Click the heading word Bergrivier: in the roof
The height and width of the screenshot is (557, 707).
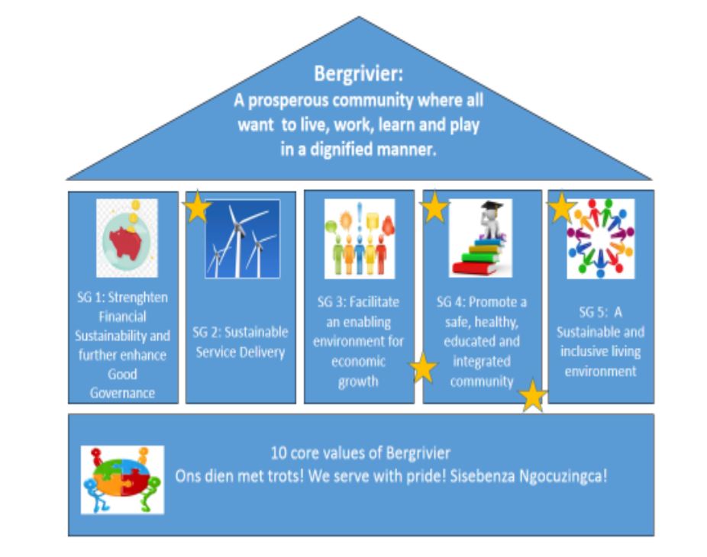358,74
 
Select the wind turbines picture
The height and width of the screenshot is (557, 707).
243,239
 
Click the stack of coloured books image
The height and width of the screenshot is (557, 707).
481,238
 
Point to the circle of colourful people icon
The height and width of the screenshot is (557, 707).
601,239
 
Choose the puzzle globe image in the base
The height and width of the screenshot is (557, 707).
122,479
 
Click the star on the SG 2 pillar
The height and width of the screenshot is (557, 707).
196,207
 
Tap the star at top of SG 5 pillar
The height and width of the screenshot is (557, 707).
561,208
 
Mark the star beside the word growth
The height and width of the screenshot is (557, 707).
423,368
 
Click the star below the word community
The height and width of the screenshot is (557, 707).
533,396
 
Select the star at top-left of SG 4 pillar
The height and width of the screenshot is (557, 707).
434,207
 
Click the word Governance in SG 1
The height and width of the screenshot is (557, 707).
122,393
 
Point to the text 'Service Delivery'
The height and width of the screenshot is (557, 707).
241,352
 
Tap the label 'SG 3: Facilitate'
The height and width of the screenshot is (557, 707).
358,301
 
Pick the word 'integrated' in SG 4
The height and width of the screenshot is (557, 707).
482,361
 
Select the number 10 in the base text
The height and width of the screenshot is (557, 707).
278,453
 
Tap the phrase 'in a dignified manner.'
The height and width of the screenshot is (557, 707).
358,149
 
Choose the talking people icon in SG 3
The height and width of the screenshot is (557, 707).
360,239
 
